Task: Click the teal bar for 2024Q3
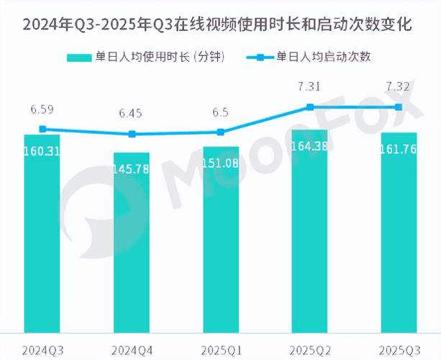point(42,230)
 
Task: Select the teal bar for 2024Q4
point(132,241)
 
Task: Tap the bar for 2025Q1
point(221,238)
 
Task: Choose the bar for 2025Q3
point(399,230)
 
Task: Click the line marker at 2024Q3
point(42,130)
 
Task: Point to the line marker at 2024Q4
point(132,134)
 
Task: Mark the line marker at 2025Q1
point(221,132)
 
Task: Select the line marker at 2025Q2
point(310,107)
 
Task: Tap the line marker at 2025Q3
point(399,107)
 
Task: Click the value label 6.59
point(42,110)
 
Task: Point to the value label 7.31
point(310,87)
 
